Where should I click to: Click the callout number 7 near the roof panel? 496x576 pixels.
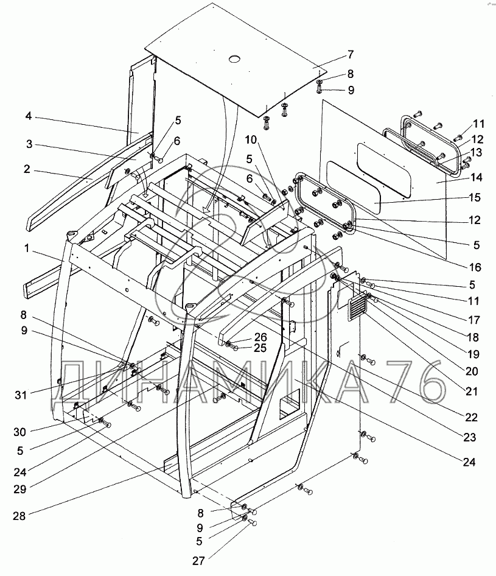click(x=351, y=54)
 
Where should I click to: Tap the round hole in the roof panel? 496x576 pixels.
click(x=234, y=59)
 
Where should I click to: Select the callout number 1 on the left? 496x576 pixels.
click(x=27, y=248)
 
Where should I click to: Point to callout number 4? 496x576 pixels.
click(x=29, y=116)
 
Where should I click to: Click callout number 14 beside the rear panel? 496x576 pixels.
click(x=477, y=177)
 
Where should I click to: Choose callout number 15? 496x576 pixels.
click(x=475, y=198)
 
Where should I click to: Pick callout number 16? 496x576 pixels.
click(x=475, y=267)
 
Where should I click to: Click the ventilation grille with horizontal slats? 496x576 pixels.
click(x=358, y=305)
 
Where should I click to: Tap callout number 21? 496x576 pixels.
click(x=472, y=392)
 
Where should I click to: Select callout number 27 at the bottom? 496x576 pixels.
click(x=198, y=561)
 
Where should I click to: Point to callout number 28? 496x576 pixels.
click(x=19, y=516)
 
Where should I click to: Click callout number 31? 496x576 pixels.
click(x=21, y=395)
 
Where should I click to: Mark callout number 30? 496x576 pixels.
click(x=20, y=432)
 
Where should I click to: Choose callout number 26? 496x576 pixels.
click(x=260, y=337)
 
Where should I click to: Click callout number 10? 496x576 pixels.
click(x=251, y=140)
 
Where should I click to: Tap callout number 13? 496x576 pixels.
click(x=476, y=152)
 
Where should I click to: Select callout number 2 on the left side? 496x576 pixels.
click(x=27, y=169)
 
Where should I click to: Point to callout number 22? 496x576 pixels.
click(x=472, y=417)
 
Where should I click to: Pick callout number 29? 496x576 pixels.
click(x=20, y=490)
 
